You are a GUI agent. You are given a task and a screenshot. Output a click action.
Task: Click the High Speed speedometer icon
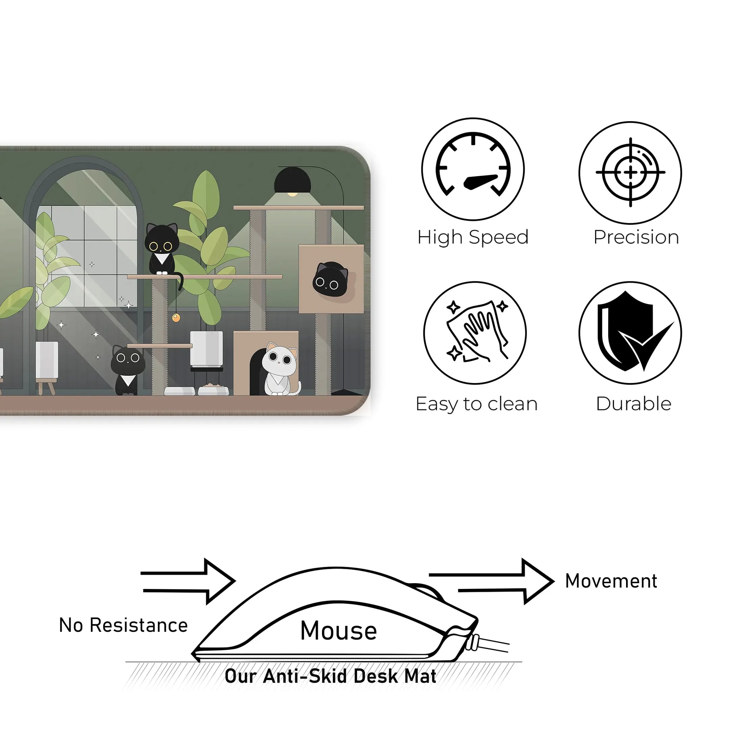(473, 169)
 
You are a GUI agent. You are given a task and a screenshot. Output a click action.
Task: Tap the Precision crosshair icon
(630, 173)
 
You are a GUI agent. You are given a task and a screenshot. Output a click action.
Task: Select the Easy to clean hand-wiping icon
(475, 333)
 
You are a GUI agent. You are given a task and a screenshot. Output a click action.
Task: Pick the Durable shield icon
(630, 333)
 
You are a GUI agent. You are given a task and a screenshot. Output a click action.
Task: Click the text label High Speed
(473, 237)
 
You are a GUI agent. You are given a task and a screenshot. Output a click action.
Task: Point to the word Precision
(636, 237)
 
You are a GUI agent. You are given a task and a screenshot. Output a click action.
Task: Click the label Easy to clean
(477, 404)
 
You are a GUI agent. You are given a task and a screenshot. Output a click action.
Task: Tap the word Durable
(634, 404)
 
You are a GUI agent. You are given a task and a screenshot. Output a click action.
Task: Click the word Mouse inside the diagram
(338, 630)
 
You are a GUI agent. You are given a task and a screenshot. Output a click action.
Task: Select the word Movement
(611, 581)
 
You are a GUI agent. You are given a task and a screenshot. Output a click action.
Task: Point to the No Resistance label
(123, 625)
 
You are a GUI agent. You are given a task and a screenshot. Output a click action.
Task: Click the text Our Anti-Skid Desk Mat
(331, 676)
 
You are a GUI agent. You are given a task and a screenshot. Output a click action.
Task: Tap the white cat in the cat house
(279, 368)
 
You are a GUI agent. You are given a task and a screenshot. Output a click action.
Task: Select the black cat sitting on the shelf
(162, 249)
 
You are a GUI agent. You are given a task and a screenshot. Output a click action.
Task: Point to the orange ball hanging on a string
(176, 318)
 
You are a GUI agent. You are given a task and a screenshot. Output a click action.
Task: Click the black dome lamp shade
(292, 180)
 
